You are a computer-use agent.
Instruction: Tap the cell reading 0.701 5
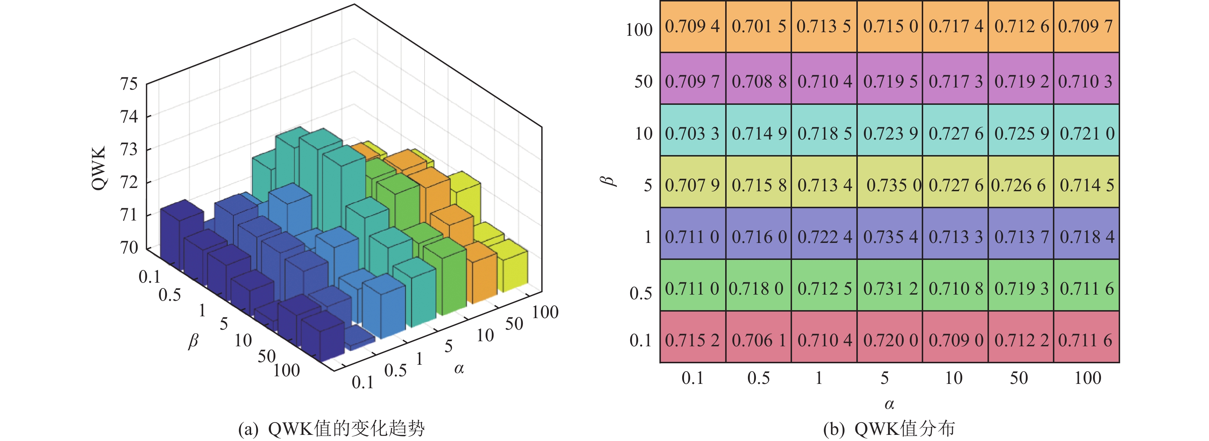click(758, 26)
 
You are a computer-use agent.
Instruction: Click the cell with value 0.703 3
click(692, 133)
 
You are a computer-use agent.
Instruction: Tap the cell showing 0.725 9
click(1021, 133)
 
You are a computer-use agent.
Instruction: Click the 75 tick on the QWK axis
click(129, 84)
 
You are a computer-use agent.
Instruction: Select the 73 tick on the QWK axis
click(129, 149)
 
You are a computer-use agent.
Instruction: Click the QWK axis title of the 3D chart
click(99, 168)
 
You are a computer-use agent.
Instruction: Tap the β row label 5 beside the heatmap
click(647, 185)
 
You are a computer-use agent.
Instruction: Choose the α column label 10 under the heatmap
click(953, 378)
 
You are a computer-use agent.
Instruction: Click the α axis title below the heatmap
click(889, 404)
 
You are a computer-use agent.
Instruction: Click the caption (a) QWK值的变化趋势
click(331, 429)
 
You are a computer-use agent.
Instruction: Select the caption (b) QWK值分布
click(889, 429)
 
